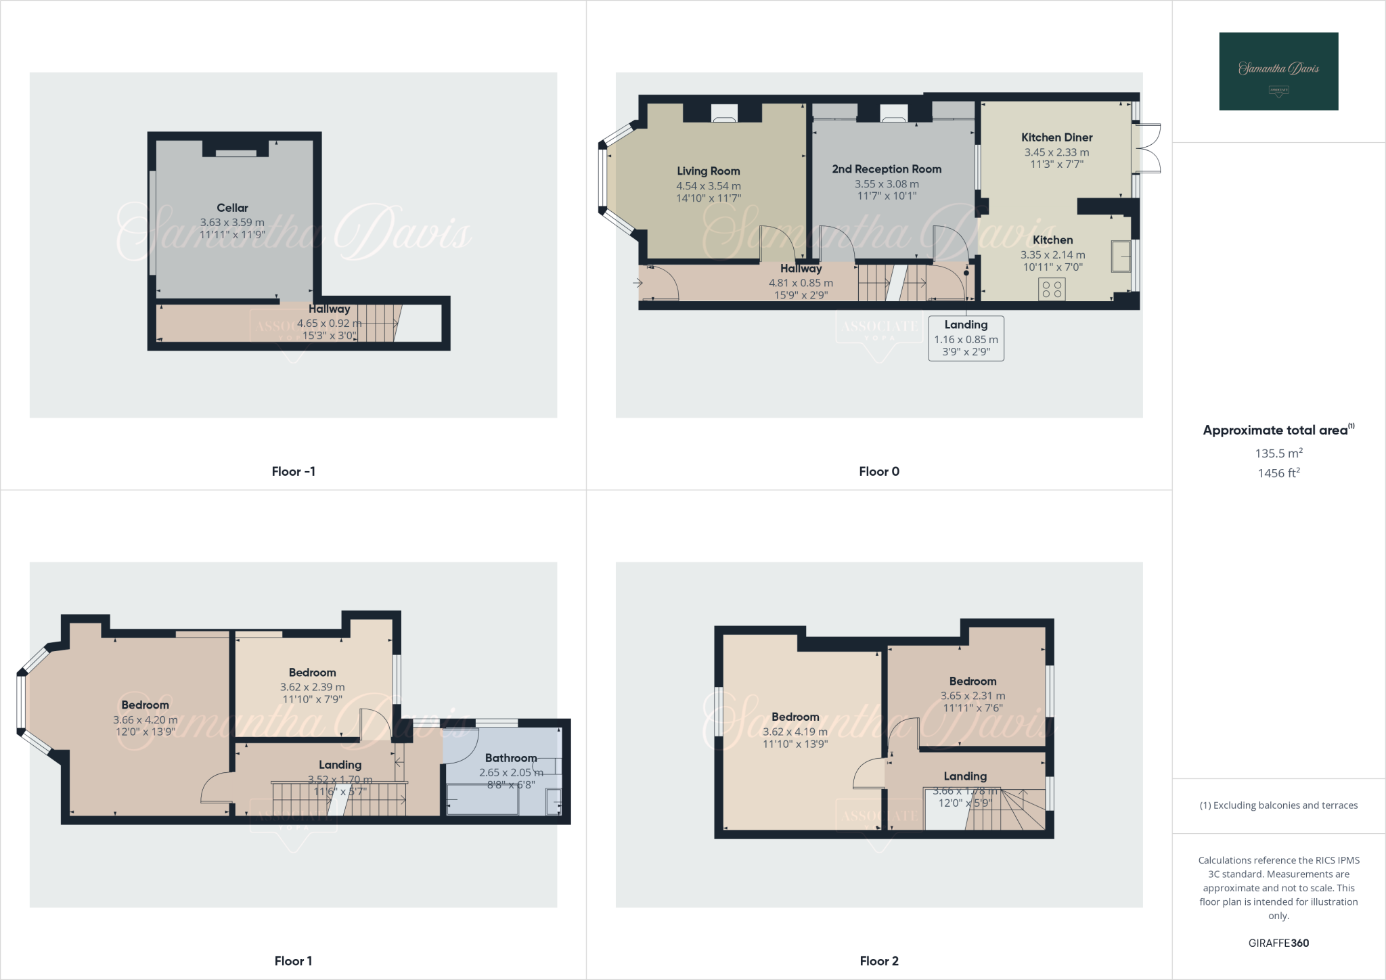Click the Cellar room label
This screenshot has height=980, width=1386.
[232, 208]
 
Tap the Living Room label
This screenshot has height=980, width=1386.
[708, 171]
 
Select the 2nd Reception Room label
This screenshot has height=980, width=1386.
[887, 169]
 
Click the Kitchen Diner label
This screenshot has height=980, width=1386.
[1056, 137]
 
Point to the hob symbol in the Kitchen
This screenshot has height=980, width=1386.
[1052, 290]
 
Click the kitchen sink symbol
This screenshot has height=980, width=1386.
[1120, 257]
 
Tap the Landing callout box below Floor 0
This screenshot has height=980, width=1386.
[966, 338]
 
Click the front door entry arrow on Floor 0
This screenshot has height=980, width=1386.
[638, 283]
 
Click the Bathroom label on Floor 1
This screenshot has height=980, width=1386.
[510, 758]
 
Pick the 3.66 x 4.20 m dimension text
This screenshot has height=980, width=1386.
[145, 720]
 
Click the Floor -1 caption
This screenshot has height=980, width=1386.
[293, 472]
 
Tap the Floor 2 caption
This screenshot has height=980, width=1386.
[879, 961]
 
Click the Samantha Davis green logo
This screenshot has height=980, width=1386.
[1278, 71]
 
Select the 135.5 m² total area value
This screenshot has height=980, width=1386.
[1278, 453]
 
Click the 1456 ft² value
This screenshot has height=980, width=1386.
[1278, 473]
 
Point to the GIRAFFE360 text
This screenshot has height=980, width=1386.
[1278, 943]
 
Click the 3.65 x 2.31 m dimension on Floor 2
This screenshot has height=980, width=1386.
[973, 696]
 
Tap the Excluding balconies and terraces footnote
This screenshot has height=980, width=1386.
[1278, 805]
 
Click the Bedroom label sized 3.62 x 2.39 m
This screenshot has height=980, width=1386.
[312, 672]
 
